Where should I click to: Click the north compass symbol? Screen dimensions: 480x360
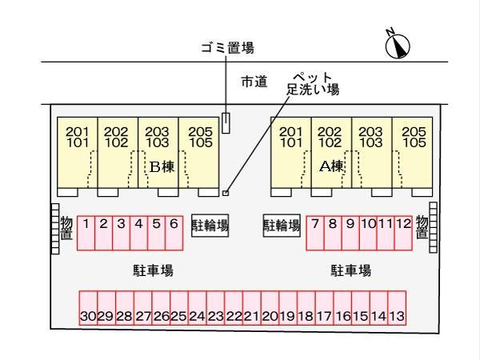[398, 46]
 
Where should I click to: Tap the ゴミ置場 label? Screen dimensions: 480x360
[227, 48]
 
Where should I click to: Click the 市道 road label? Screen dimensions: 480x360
[254, 82]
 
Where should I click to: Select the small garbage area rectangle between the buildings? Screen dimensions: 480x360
[226, 123]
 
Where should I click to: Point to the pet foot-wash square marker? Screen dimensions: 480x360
[226, 193]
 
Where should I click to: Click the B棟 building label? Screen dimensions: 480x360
[162, 167]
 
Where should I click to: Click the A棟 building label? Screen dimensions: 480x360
[332, 166]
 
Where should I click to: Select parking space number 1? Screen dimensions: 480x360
[86, 234]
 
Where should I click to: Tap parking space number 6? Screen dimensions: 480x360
[174, 234]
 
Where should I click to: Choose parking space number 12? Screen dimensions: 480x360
[403, 234]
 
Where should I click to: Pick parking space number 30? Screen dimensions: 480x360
[88, 308]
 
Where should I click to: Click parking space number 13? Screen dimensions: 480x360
[397, 308]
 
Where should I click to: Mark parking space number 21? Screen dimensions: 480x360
[252, 308]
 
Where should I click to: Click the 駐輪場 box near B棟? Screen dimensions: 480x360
[210, 226]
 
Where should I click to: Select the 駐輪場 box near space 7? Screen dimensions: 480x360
[282, 226]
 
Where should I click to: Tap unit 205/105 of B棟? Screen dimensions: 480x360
[198, 153]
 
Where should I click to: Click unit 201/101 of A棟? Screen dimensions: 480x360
[291, 153]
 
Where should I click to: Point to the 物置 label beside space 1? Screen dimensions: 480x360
[66, 227]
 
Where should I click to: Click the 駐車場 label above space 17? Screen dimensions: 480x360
[351, 271]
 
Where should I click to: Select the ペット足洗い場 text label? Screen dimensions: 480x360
[313, 84]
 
